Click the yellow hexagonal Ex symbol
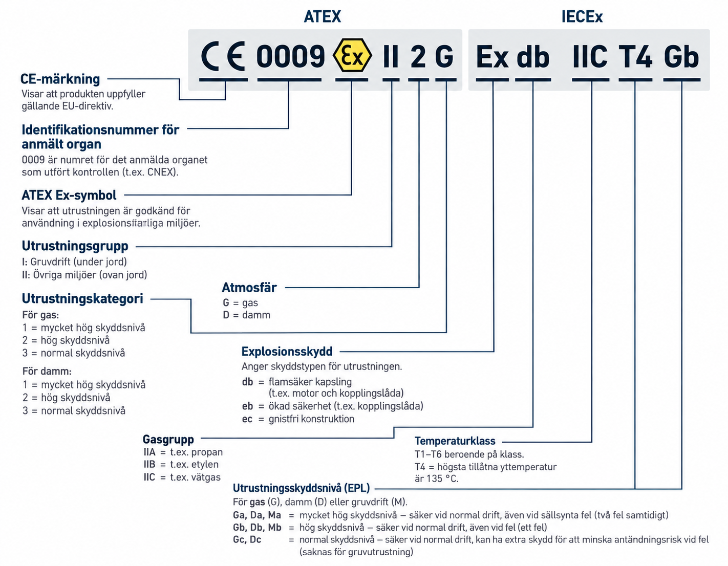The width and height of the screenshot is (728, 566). [352, 55]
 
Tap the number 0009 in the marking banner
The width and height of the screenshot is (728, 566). [290, 56]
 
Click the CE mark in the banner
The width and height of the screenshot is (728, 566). [223, 56]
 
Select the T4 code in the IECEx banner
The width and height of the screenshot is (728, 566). [635, 57]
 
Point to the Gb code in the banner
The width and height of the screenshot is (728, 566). [681, 57]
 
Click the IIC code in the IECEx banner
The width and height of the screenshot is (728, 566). [590, 57]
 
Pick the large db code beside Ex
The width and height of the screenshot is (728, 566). [533, 57]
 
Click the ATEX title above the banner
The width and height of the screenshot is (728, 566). [323, 17]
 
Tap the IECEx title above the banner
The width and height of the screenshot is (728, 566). [582, 17]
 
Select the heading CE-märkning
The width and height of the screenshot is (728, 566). [60, 79]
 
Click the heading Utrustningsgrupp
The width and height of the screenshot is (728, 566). [75, 246]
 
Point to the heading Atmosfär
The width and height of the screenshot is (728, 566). [249, 288]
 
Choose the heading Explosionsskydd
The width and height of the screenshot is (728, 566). [287, 352]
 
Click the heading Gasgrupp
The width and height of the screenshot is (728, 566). [168, 439]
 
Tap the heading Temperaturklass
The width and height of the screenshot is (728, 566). [455, 441]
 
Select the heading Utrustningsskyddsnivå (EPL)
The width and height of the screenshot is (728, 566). [301, 488]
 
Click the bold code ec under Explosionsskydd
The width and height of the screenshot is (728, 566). [247, 419]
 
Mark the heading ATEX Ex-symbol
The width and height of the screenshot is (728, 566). [69, 195]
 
